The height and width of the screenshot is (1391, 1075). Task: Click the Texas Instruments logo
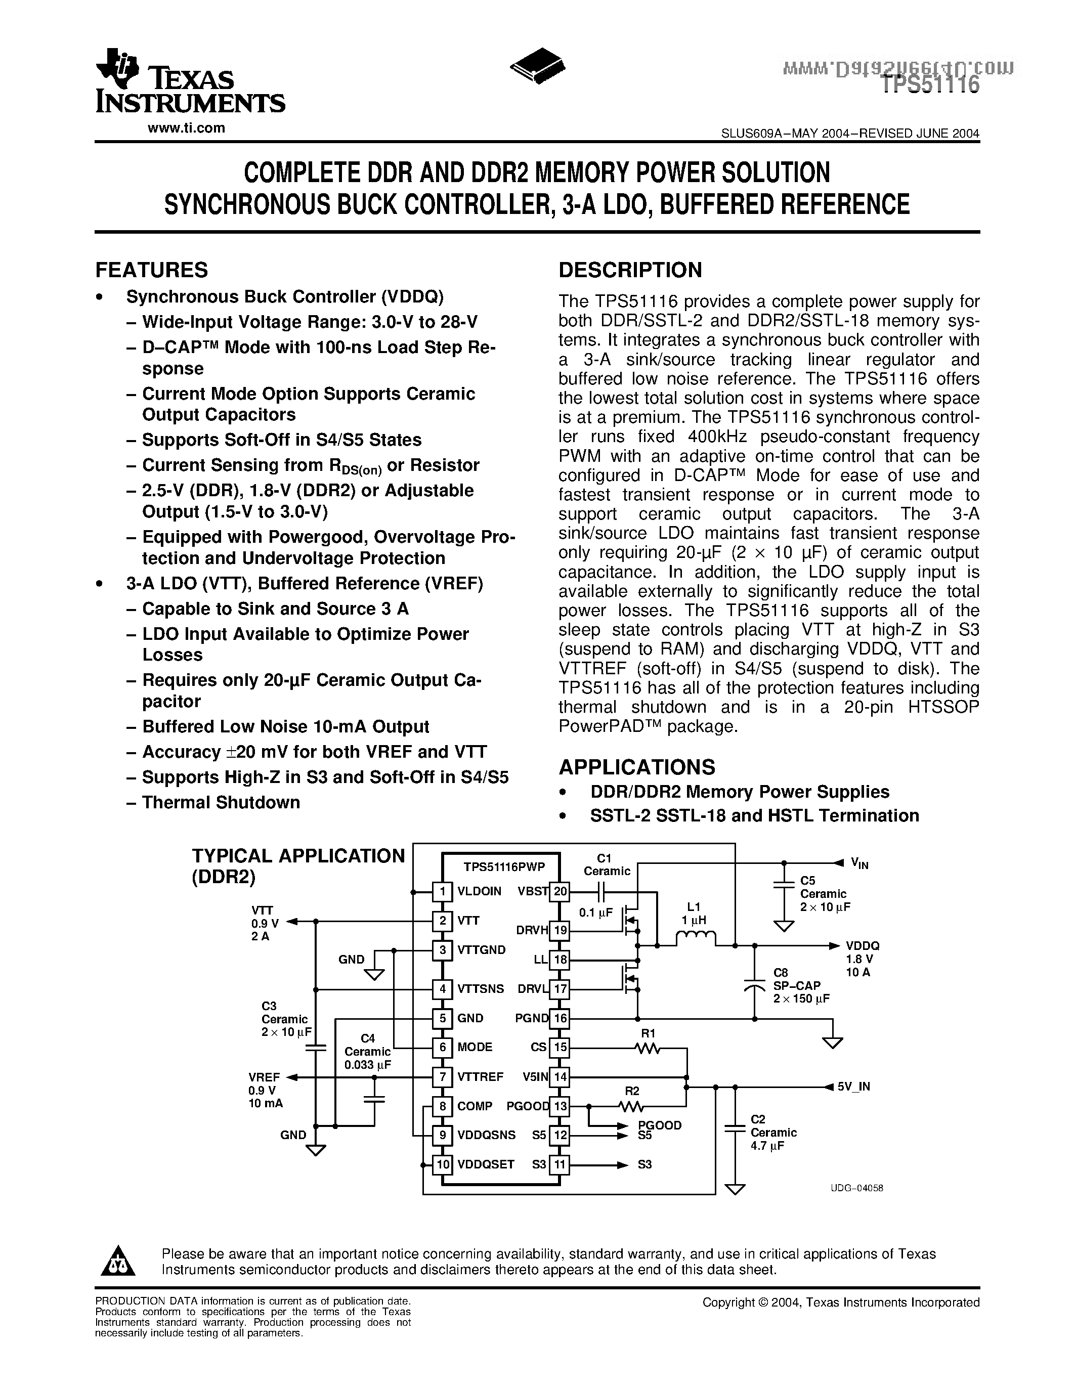(x=189, y=81)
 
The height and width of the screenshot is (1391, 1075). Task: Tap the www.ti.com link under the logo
(x=186, y=128)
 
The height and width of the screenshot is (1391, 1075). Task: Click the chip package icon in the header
(x=538, y=64)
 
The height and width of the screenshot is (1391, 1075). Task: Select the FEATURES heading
(x=152, y=270)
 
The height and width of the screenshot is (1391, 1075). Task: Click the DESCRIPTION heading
(x=630, y=270)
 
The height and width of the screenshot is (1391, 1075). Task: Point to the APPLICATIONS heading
(x=637, y=767)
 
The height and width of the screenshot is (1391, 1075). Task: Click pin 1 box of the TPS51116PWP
(x=442, y=892)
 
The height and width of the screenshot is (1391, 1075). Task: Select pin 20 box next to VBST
(x=560, y=892)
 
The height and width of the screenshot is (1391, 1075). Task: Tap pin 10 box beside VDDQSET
(x=442, y=1165)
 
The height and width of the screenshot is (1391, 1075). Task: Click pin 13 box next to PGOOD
(x=560, y=1106)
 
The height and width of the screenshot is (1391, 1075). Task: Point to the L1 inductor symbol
(x=695, y=937)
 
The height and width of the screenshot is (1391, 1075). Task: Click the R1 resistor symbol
(x=648, y=1048)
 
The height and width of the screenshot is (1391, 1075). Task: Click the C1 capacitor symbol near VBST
(x=602, y=892)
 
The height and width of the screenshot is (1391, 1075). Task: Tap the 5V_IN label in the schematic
(x=853, y=1087)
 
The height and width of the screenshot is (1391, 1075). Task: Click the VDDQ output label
(x=863, y=946)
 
